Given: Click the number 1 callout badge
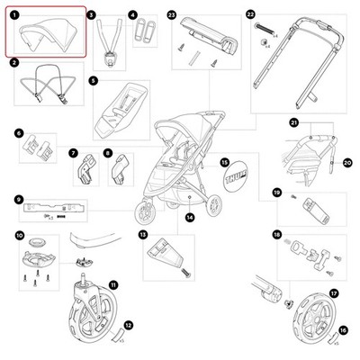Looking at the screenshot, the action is pos(13,14).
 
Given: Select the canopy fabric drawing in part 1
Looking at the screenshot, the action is pos(48,33).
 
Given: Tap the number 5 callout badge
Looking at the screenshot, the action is pos(94,80).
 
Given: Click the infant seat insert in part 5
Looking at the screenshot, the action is pos(121,110).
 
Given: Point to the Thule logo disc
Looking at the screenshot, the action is pos(236,179).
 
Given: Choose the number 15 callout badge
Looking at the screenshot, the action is pos(224,163).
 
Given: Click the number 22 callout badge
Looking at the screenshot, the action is pos(249,14).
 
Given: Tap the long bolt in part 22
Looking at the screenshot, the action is pos(265,30).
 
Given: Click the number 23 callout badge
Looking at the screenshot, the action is pos(172,15).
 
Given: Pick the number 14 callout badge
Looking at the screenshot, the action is pos(189,218).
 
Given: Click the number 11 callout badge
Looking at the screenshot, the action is pos(112,285).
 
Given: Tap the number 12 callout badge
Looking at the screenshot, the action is pos(129,325).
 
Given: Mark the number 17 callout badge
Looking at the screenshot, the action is pos(333,293).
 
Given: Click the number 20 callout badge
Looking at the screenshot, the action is pos(347,163).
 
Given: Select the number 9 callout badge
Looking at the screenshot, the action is pos(19,199).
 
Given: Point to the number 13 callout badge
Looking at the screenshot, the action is pos(143,235).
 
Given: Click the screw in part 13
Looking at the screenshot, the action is pos(186,273).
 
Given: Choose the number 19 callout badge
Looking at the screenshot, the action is pos(277,193).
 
